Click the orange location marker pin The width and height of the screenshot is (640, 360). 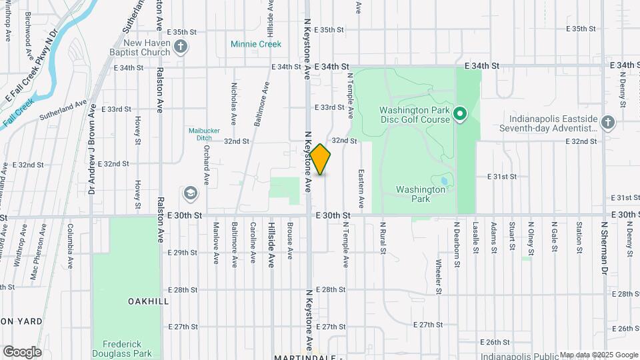[320, 159]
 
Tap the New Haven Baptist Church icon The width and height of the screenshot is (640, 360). [180, 47]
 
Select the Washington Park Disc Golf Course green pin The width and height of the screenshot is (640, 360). [459, 115]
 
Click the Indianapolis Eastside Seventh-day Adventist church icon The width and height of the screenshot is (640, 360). [607, 122]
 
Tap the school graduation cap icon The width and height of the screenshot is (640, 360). [190, 193]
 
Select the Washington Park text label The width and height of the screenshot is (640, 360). [420, 194]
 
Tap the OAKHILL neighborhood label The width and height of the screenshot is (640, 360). [148, 301]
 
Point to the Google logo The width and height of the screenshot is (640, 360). [22, 351]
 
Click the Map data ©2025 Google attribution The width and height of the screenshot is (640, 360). [599, 355]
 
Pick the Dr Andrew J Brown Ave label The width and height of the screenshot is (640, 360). [92, 149]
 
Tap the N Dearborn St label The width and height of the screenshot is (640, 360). [457, 245]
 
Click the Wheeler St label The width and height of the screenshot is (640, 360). [439, 276]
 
